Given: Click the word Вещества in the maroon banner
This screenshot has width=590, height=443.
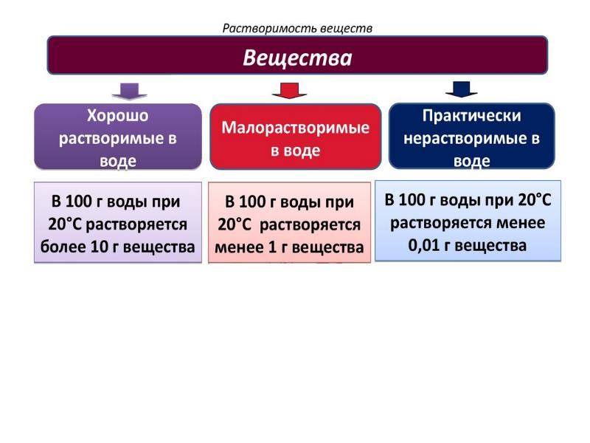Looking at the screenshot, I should [x=298, y=57].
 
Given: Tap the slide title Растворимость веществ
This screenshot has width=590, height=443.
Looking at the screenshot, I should [x=297, y=28].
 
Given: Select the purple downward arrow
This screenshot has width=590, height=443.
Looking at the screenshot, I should [x=129, y=91].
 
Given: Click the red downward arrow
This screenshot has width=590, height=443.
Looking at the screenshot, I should [x=289, y=91].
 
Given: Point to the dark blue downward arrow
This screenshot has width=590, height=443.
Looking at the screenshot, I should [x=462, y=89].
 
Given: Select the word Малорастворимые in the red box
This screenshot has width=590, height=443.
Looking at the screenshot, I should [x=296, y=128].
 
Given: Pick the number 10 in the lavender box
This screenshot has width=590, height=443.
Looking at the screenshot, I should [x=100, y=247].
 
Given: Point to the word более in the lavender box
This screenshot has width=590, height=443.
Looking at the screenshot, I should [x=63, y=247].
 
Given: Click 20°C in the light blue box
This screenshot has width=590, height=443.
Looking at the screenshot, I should [x=532, y=200].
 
